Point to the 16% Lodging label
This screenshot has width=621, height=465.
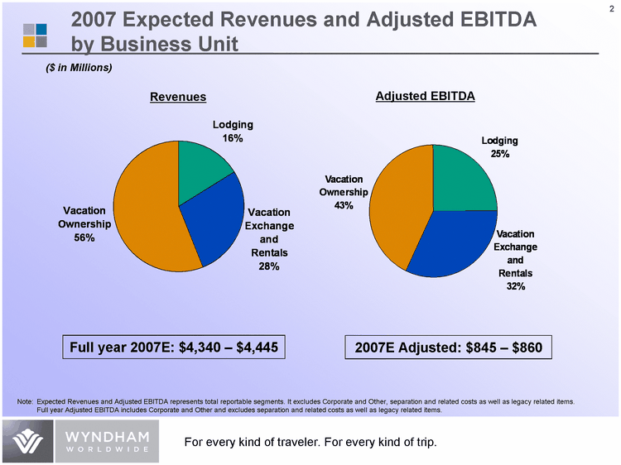click(x=232, y=138)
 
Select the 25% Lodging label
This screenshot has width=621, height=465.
click(x=499, y=154)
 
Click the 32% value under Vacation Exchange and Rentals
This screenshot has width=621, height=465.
click(x=515, y=286)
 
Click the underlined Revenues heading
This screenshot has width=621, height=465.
click(x=177, y=98)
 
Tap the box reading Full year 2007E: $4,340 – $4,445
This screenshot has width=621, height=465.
click(x=178, y=347)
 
